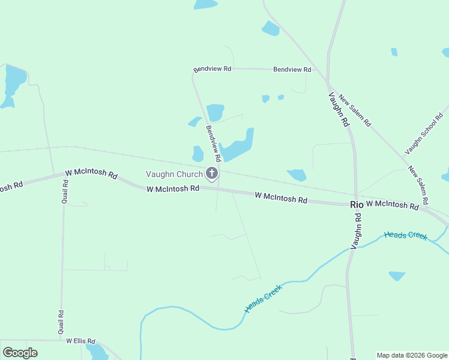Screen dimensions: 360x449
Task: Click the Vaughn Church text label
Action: [174, 175]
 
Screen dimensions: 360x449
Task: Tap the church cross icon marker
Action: [211, 174]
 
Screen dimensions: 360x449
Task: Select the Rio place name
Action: [357, 205]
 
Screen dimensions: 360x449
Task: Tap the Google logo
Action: [20, 352]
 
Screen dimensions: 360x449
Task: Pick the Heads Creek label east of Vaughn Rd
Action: [406, 235]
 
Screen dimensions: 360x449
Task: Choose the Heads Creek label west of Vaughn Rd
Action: [263, 298]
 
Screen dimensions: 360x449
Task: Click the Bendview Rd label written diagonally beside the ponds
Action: [214, 143]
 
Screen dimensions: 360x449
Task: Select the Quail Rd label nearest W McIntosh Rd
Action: [65, 191]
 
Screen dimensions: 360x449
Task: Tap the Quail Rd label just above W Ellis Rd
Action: [61, 322]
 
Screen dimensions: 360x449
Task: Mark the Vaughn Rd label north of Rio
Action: [339, 109]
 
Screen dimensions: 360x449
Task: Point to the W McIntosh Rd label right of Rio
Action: [393, 205]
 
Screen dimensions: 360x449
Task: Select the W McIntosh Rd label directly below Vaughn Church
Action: [173, 188]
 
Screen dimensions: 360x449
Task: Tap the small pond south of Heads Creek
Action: [397, 275]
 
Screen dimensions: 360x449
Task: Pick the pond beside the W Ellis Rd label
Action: [97, 352]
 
